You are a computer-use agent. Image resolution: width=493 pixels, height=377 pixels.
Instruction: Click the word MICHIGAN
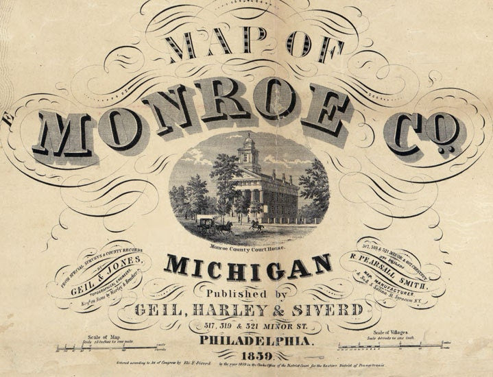[x=248, y=267]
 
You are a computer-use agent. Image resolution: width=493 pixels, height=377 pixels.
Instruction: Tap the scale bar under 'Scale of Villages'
[x=394, y=346]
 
